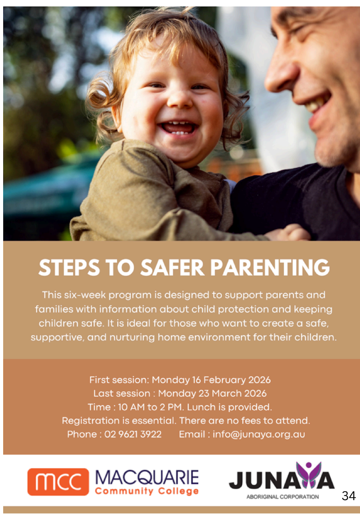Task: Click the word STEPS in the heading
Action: click(x=69, y=267)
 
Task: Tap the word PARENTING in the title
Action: click(x=270, y=267)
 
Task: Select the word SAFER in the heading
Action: click(x=173, y=267)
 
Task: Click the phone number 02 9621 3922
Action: click(x=133, y=434)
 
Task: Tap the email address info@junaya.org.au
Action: click(x=259, y=435)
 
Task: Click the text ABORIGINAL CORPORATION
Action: click(x=283, y=497)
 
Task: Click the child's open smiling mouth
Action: click(x=178, y=128)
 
